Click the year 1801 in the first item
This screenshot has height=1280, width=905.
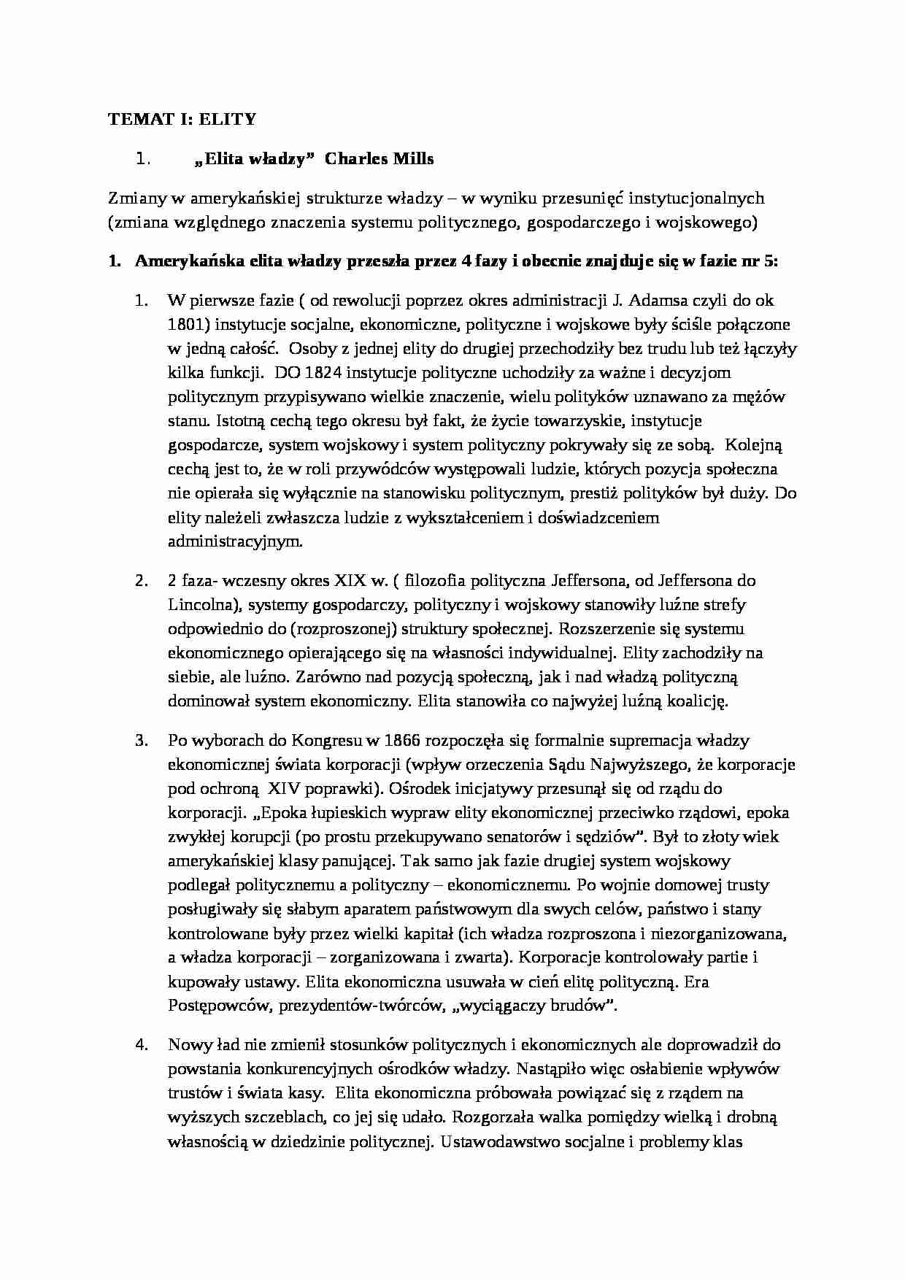[185, 324]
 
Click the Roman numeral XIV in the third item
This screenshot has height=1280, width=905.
[285, 788]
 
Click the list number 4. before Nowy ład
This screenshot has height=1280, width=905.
[142, 1044]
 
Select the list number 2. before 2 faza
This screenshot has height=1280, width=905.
[142, 581]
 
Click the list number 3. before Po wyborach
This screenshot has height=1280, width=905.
[142, 740]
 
